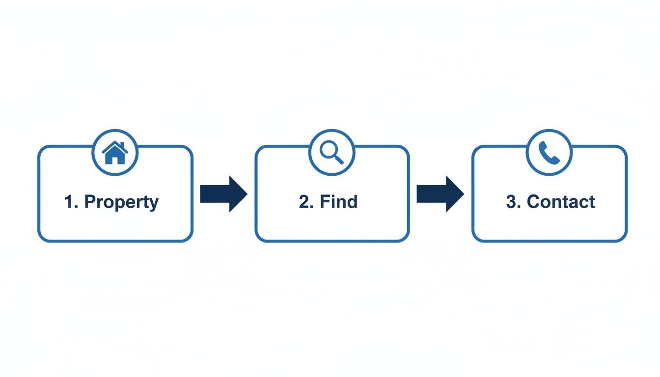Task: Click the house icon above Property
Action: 115,153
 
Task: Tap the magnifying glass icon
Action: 332,153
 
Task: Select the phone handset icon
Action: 549,153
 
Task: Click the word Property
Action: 121,202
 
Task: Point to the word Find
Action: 338,201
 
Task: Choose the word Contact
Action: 561,201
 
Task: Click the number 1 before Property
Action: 69,201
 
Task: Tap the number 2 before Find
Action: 303,201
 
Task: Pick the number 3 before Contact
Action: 511,201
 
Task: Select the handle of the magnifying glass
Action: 339,159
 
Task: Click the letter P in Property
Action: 89,201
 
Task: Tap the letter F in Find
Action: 324,201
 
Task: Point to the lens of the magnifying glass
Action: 329,150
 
